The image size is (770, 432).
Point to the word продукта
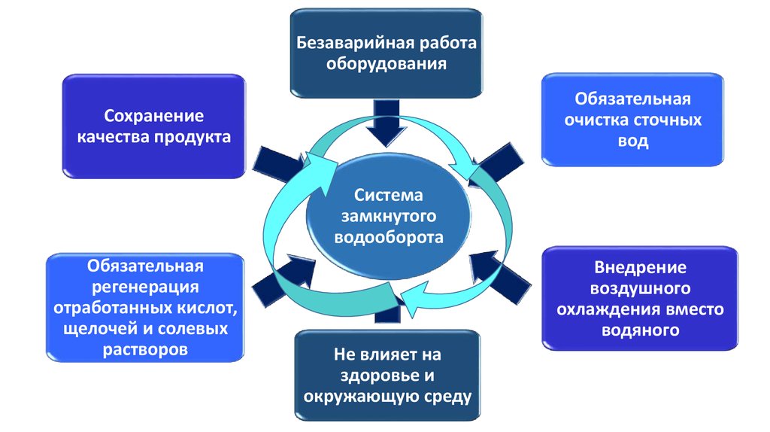(192, 137)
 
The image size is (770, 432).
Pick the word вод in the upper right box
(632, 141)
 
